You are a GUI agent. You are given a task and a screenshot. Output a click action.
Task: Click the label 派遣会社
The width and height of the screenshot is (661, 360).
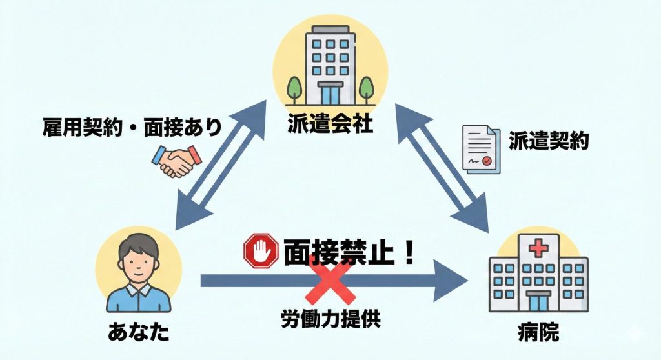click(330, 124)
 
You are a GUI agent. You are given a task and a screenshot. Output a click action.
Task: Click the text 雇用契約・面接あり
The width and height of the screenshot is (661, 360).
click(132, 125)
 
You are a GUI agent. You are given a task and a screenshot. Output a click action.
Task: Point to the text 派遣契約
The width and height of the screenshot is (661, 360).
click(548, 141)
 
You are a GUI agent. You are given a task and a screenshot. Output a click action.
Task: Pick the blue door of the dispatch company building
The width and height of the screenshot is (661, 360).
click(330, 94)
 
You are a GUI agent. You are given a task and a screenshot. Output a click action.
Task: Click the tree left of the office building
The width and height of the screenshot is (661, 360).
click(294, 86)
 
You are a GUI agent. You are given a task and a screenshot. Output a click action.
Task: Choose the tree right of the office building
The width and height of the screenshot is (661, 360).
click(367, 86)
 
